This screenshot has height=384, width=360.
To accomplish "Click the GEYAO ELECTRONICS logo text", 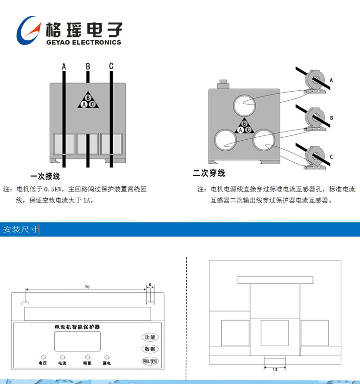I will pos(83,42).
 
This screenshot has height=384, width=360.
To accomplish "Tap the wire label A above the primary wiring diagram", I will pos(64,66).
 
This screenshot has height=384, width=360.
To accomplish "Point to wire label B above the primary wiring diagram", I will pos(87,66).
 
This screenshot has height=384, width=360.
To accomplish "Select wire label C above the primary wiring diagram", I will pos(111,66).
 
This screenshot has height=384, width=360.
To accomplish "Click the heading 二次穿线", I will pos(209,173).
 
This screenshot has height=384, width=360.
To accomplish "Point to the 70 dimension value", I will pos(87,287).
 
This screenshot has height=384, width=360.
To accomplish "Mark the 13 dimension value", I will pos(275,370).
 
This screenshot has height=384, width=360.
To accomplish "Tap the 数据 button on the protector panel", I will pos(150,349).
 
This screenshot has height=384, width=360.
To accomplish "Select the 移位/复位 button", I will pos(150,361).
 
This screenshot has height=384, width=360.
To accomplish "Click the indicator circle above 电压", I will pos(43,357).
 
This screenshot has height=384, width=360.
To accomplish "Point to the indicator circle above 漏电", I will pos(107,357).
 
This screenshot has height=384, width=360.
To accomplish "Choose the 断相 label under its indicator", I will pos(87,364).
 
